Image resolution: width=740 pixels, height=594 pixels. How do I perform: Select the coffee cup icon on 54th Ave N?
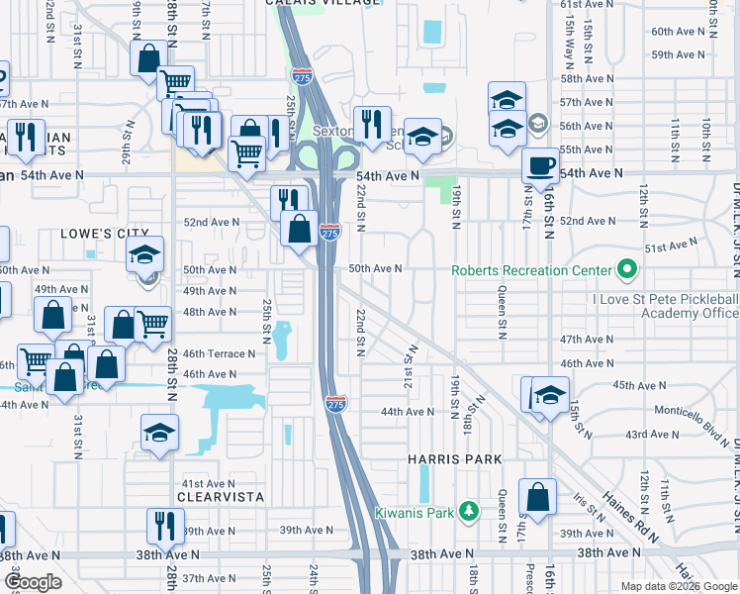tap(541, 165)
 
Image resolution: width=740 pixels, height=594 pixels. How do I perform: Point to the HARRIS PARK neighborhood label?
tap(455, 460)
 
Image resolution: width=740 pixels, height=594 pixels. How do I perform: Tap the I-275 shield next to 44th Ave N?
tap(335, 404)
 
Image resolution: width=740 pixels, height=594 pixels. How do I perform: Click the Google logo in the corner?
tap(33, 582)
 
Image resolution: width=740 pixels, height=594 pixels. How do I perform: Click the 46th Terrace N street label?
tap(219, 353)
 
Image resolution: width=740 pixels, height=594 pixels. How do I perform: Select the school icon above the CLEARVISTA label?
tap(159, 434)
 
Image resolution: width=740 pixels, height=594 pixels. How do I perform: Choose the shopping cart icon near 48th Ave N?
tap(151, 323)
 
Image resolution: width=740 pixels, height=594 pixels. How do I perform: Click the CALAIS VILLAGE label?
tap(323, 3)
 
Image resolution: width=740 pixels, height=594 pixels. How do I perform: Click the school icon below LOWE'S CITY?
tap(145, 256)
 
